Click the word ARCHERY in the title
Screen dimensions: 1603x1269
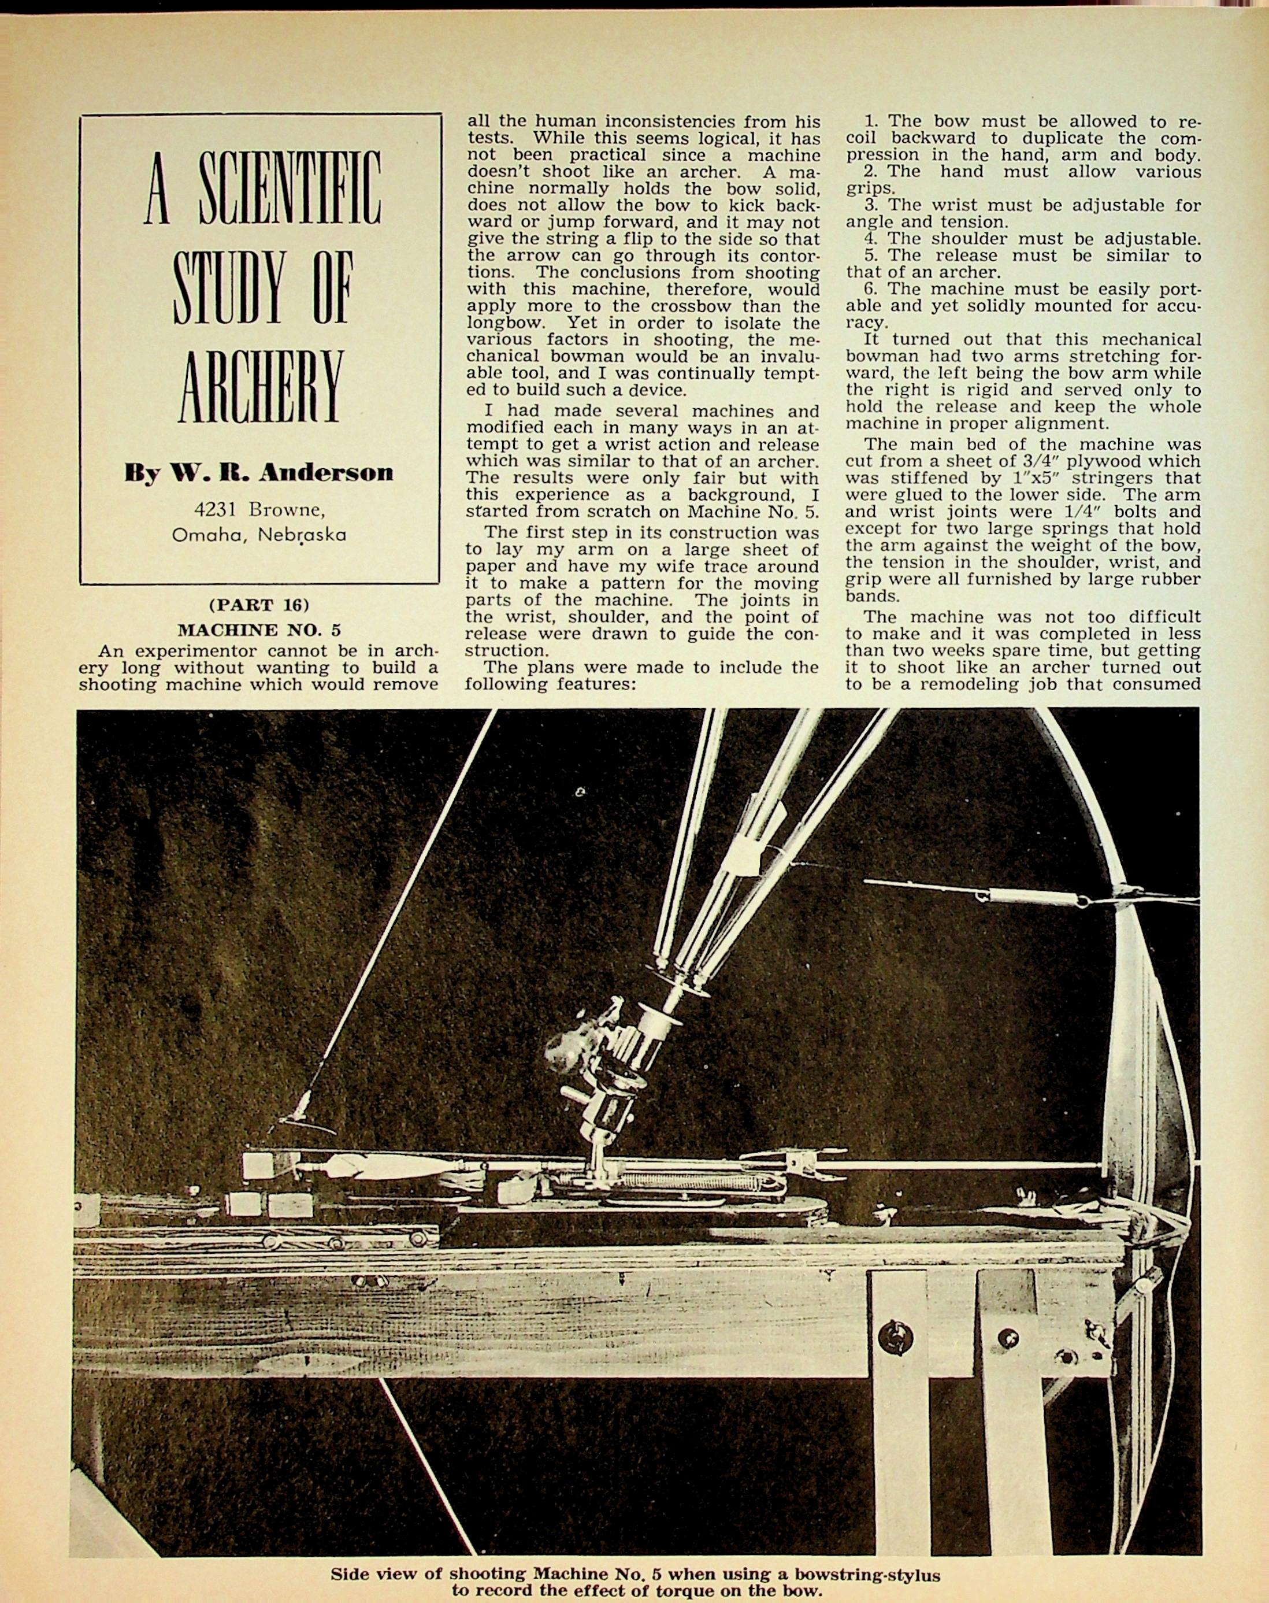click(x=262, y=388)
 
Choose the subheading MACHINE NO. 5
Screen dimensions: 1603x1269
click(x=258, y=630)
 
